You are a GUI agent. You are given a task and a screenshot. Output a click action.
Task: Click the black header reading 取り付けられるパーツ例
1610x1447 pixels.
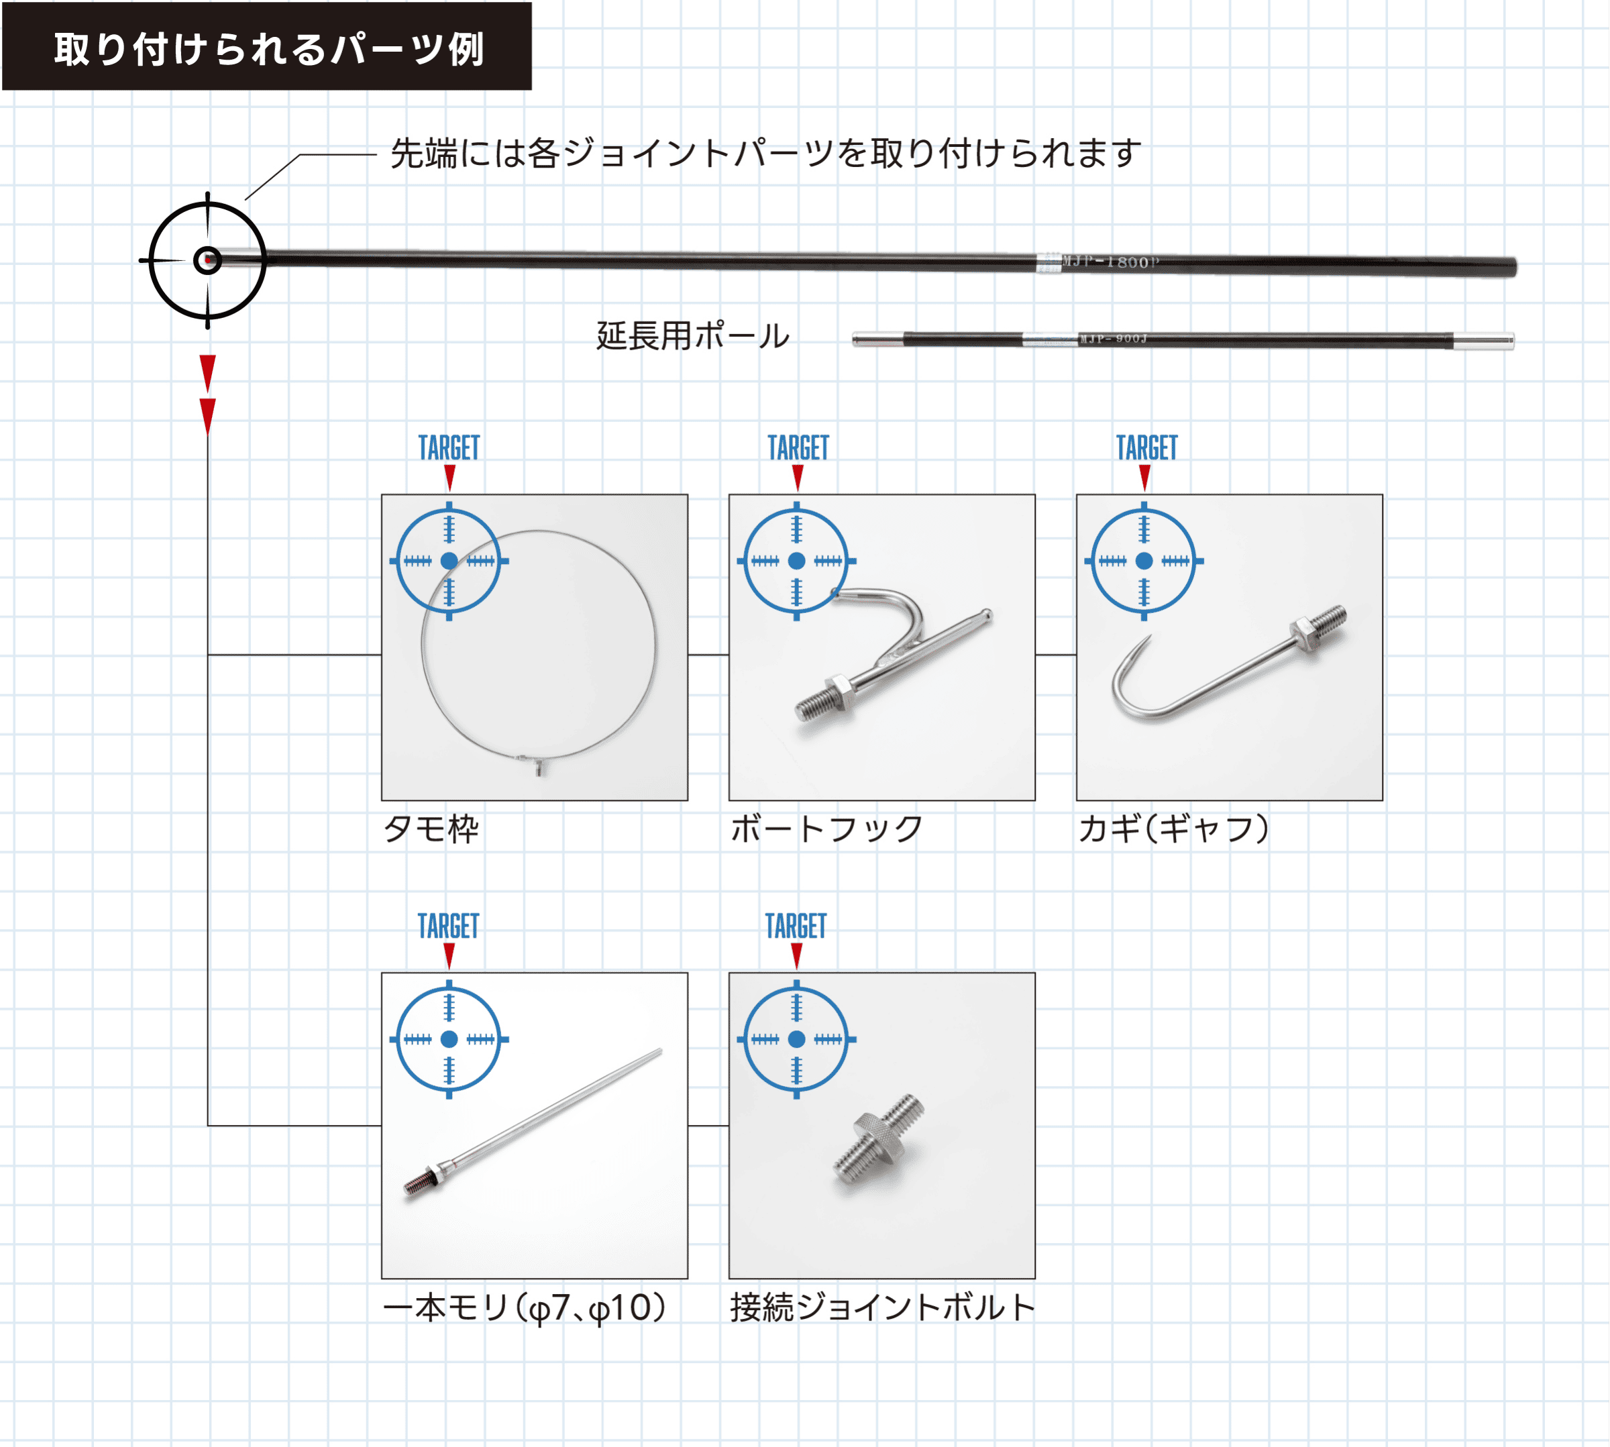[267, 46]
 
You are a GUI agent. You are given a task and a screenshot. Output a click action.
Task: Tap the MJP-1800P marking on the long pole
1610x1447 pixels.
[1111, 262]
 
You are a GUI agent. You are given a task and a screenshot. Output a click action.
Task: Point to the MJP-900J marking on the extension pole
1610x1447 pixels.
[1113, 339]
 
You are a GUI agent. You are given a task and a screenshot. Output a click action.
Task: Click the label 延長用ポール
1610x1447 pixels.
[692, 336]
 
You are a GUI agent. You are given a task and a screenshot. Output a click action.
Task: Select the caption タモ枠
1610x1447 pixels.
[431, 829]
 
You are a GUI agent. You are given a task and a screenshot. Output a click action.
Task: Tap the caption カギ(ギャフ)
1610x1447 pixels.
[1173, 829]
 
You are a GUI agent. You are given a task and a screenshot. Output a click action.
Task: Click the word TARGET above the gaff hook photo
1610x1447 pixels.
[1146, 447]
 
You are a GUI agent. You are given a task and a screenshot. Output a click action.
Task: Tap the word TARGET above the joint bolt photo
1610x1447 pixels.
[796, 926]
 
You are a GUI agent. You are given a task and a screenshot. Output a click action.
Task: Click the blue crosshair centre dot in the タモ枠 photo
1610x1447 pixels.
[449, 561]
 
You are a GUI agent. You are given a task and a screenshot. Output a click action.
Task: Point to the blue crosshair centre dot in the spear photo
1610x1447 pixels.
[449, 1039]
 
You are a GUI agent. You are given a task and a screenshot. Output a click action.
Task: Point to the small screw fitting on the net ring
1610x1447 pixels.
[540, 766]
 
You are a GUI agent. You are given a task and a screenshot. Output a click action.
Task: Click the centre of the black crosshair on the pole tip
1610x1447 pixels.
[207, 260]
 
